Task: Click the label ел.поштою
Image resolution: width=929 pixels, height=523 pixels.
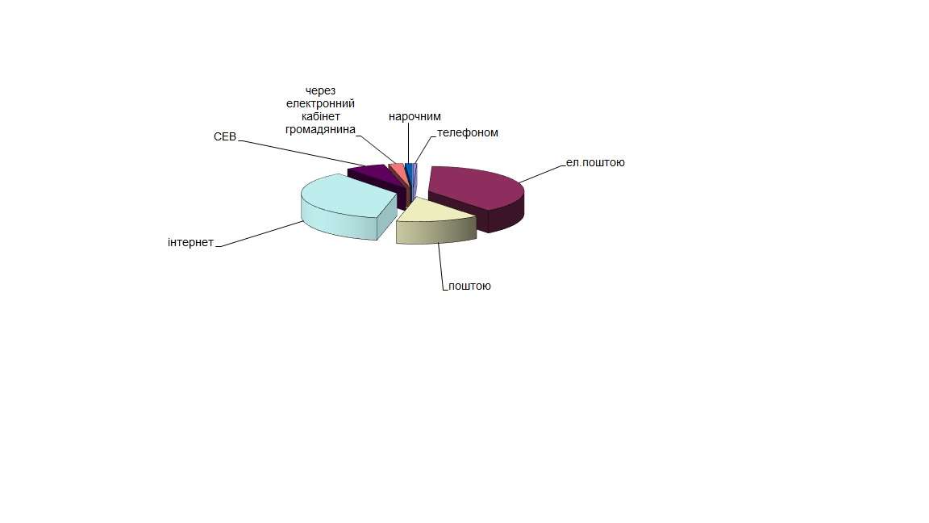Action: pyautogui.click(x=595, y=162)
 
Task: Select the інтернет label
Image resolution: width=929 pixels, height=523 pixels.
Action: pyautogui.click(x=190, y=242)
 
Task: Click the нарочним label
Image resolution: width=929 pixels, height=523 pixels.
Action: pyautogui.click(x=415, y=116)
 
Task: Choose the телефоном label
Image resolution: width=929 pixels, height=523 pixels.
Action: pyautogui.click(x=468, y=132)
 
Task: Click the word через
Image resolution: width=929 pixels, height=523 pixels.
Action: pyautogui.click(x=320, y=90)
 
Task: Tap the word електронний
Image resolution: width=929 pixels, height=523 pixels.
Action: pyautogui.click(x=320, y=103)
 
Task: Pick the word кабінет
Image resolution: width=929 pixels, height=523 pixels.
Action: pyautogui.click(x=320, y=116)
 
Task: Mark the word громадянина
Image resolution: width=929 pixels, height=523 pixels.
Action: pyautogui.click(x=320, y=129)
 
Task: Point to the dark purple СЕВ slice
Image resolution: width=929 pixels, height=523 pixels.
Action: pyautogui.click(x=373, y=172)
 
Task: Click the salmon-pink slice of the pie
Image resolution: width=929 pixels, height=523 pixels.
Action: pyautogui.click(x=397, y=168)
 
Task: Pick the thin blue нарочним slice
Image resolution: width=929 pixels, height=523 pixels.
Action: pyautogui.click(x=409, y=167)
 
